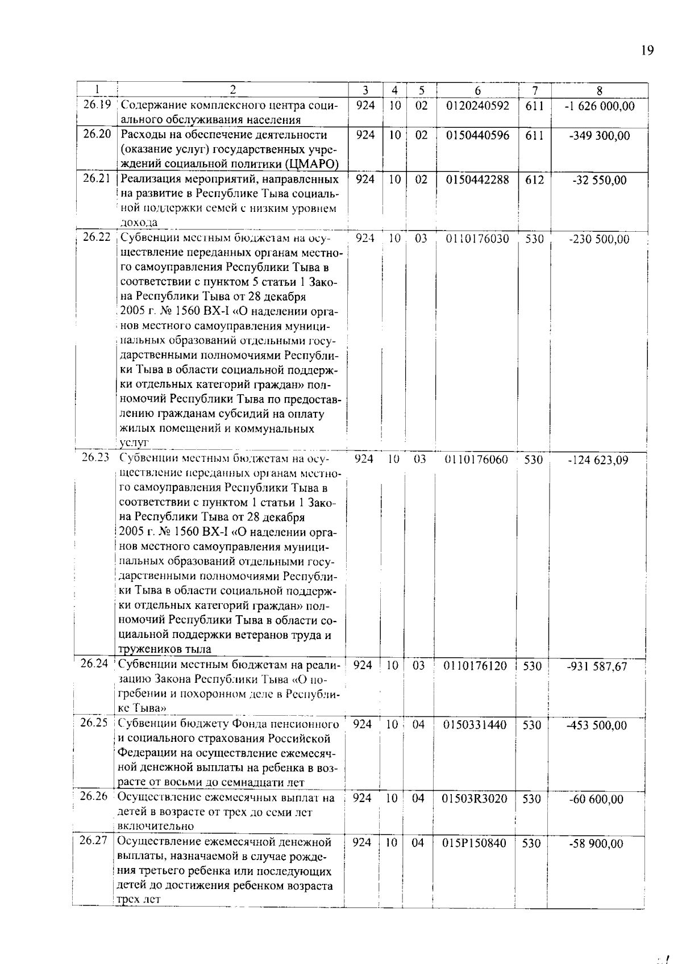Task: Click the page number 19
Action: (x=647, y=51)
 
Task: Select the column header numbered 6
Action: (x=477, y=90)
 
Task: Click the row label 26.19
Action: (x=97, y=105)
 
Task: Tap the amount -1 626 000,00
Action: (x=599, y=106)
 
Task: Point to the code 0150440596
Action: (x=477, y=136)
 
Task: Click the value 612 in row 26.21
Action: (x=534, y=180)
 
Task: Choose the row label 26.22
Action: (x=96, y=237)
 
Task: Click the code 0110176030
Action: (x=477, y=239)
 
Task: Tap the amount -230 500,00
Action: (x=599, y=240)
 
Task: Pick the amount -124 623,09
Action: (x=598, y=460)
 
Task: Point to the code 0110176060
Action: (x=476, y=460)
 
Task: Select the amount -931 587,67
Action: (x=597, y=666)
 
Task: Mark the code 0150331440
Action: (x=475, y=725)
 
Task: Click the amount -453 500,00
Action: (x=597, y=725)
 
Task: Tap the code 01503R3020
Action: (x=475, y=799)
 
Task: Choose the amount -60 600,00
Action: (x=596, y=799)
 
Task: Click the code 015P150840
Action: (x=474, y=843)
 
